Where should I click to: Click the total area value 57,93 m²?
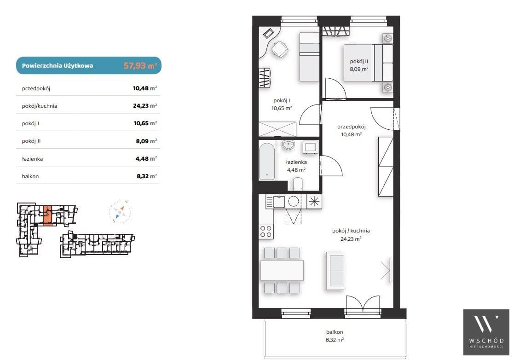tap(140, 65)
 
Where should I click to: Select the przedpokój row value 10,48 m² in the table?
tap(145, 88)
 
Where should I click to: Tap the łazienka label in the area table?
tap(33, 159)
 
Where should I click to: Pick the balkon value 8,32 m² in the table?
tap(147, 176)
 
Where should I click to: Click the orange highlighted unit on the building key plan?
tap(47, 216)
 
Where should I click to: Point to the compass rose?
tap(120, 212)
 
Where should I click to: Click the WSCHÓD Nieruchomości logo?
tap(486, 332)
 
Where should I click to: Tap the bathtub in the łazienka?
tap(267, 161)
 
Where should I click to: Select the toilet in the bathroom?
tap(298, 184)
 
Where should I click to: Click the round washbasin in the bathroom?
tap(289, 145)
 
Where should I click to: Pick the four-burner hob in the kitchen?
tap(266, 231)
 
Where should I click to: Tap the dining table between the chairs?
tap(282, 270)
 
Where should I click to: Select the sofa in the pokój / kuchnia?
tap(335, 271)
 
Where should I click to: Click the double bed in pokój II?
tap(368, 63)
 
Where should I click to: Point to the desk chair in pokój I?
tap(280, 49)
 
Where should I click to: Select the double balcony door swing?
tap(363, 303)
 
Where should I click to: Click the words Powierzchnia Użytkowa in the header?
tap(58, 65)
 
